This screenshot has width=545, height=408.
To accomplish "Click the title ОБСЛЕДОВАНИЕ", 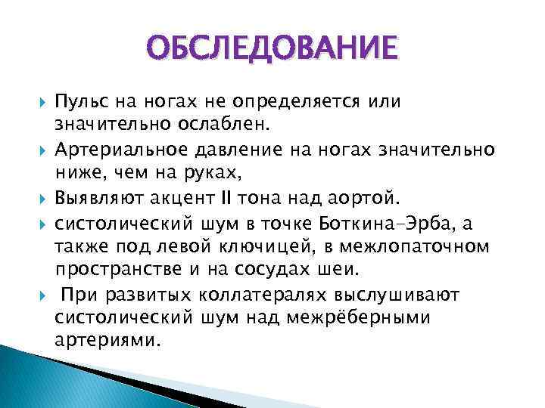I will coord(272,49).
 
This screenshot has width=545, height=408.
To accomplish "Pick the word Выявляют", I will coord(89,197).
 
